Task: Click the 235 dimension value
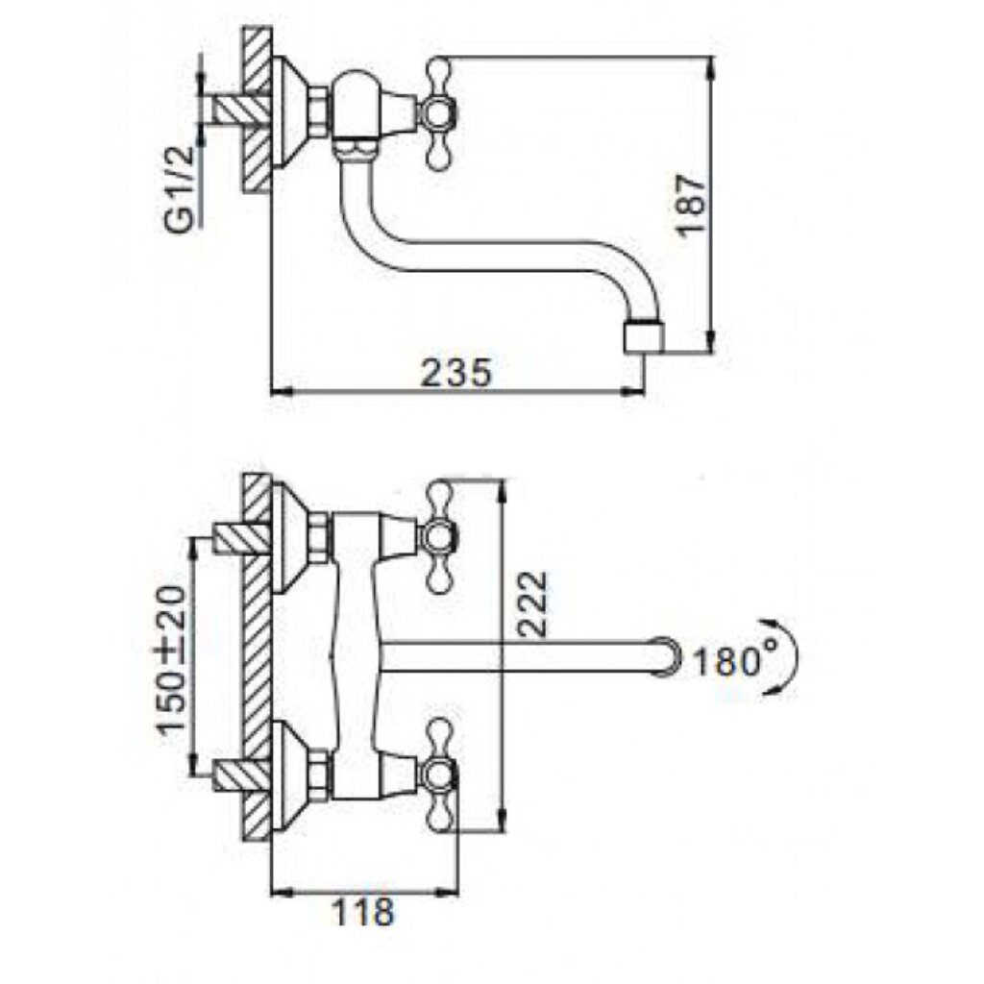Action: tap(456, 374)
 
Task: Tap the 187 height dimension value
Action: tap(691, 204)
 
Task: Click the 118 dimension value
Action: tap(362, 911)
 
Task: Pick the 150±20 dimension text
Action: tap(171, 659)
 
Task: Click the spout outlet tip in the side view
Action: tap(643, 337)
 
